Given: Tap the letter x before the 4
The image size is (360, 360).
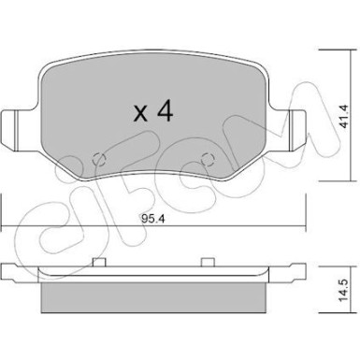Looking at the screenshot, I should pos(140,115).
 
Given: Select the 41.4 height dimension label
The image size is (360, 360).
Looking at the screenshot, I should pos(343,112).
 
